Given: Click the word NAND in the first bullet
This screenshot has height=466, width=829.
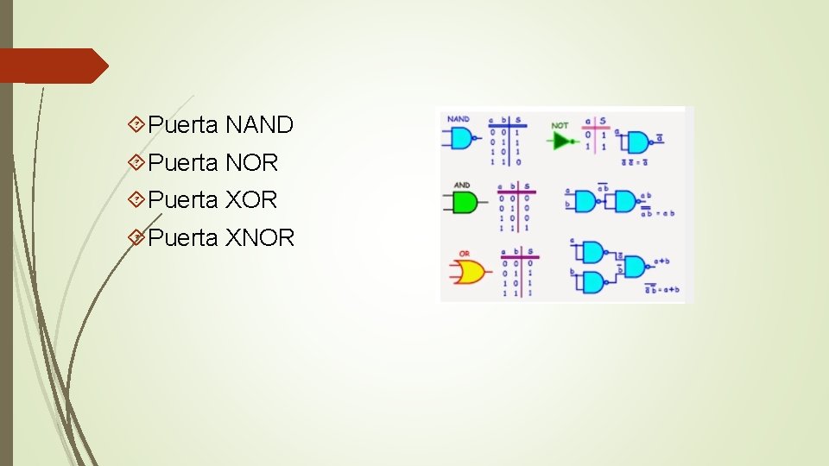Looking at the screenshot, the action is coord(259,125).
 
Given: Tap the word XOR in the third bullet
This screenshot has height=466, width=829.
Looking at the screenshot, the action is coord(251,200).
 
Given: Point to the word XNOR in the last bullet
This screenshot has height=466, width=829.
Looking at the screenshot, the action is coord(260,237).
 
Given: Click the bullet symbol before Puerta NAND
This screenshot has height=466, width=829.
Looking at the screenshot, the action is coord(136,125).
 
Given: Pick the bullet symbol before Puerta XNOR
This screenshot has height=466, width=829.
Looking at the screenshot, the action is coord(136,237).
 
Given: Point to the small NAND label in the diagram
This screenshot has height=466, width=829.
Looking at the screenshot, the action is coord(459,119).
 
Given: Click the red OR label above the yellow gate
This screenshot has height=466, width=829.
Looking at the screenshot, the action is coord(463,254).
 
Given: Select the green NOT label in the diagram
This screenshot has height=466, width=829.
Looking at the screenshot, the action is coord(560,125).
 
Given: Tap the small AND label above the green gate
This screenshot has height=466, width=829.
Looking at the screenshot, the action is coord(462,185).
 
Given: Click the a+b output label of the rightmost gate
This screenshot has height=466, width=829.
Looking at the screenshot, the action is coord(662,261).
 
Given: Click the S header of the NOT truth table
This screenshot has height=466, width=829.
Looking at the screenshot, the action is coord(602,121).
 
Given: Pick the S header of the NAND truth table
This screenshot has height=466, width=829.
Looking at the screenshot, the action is coord(517,120).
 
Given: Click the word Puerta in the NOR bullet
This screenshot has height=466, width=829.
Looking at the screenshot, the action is coord(183,162).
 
